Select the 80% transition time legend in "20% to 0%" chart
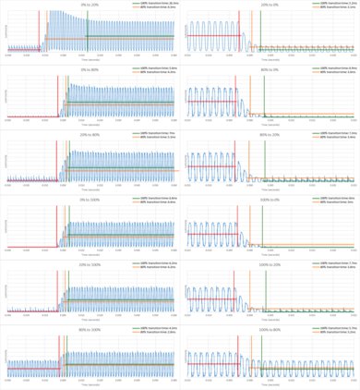[x=332, y=6]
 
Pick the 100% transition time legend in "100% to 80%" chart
[x=332, y=326]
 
